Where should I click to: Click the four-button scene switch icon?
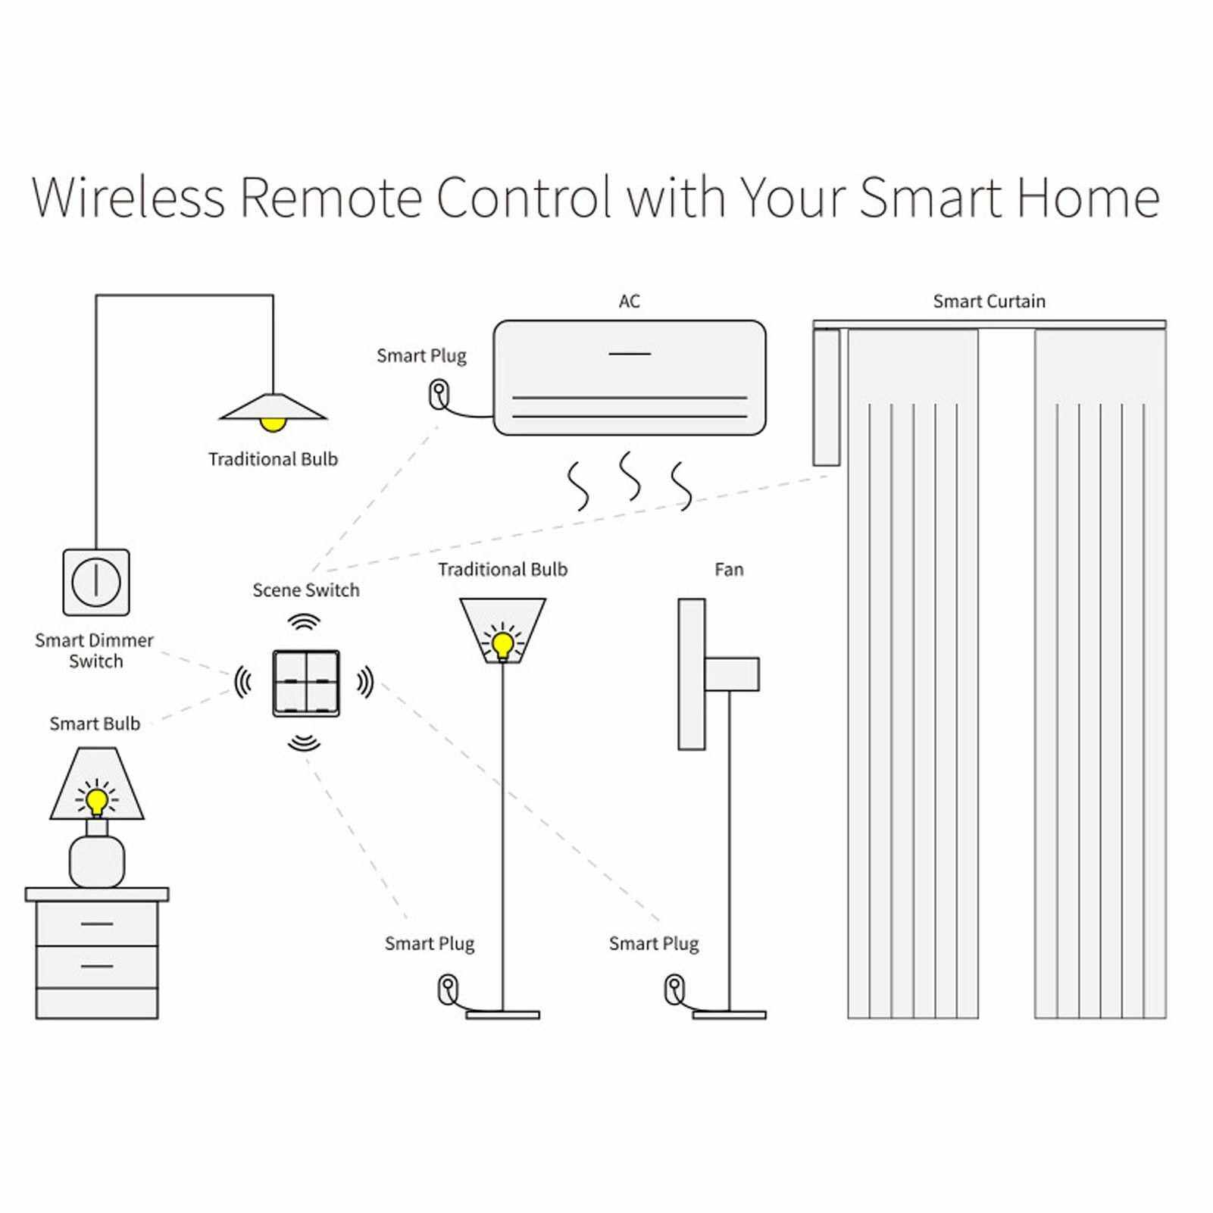(306, 683)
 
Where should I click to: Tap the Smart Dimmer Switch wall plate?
(96, 582)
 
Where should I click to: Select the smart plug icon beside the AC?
(438, 394)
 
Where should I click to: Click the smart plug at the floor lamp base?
(448, 988)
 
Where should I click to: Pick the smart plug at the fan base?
(674, 988)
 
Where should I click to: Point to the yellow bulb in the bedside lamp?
(97, 799)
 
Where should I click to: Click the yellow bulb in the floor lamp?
(502, 643)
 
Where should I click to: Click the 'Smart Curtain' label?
(989, 302)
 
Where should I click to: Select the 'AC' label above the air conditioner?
(629, 302)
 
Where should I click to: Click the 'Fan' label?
(729, 570)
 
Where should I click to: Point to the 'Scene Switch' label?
(306, 590)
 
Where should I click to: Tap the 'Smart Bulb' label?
(95, 724)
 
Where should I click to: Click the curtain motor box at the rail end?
(826, 398)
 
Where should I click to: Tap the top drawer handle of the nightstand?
(96, 924)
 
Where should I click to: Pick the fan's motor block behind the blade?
(732, 674)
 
